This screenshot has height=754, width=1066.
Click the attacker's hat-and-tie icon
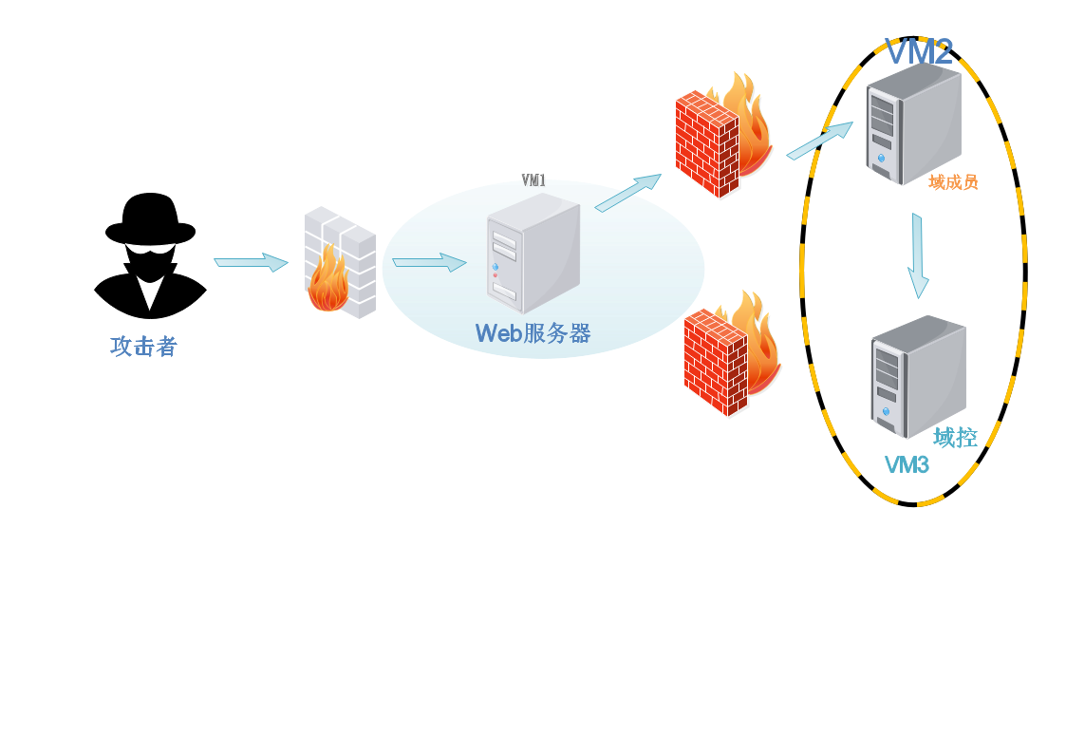click(150, 275)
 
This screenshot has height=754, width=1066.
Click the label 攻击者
click(143, 347)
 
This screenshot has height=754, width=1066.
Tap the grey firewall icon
click(340, 261)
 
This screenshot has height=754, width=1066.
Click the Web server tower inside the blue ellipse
click(533, 254)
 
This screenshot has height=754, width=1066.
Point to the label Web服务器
click(533, 333)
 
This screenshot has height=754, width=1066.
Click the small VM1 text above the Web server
click(533, 180)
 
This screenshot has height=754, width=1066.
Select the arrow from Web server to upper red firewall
click(627, 193)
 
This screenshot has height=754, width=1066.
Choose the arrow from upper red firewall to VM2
click(819, 141)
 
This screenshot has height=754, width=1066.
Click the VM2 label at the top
click(918, 52)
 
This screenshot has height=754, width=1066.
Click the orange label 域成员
click(953, 182)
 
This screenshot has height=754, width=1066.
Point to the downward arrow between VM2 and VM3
click(917, 255)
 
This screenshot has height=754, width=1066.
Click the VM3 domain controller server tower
click(917, 376)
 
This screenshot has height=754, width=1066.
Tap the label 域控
click(955, 437)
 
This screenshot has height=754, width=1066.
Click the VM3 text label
click(907, 465)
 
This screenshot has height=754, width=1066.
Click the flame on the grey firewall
click(327, 282)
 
